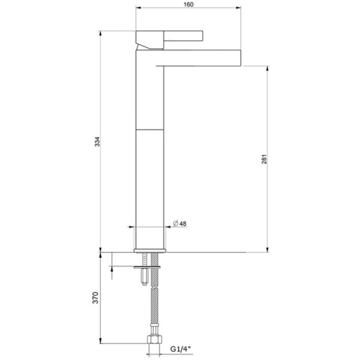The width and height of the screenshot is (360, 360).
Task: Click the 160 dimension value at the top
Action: [x=189, y=4]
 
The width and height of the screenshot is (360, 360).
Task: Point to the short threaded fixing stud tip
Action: [x=146, y=280]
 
